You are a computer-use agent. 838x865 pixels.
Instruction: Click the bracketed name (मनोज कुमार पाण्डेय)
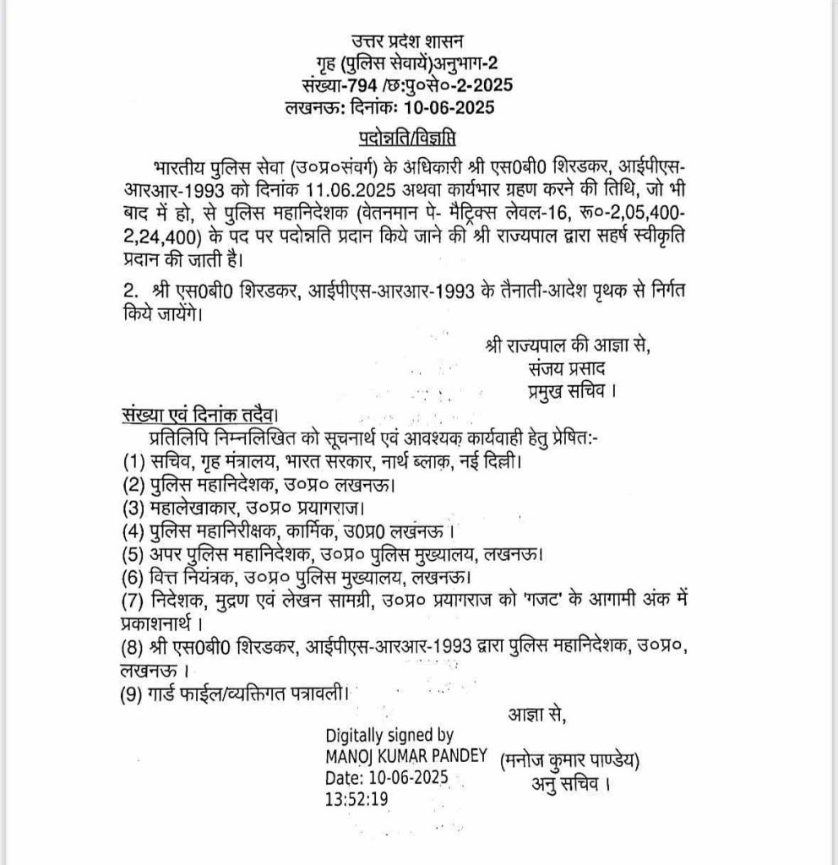(569, 759)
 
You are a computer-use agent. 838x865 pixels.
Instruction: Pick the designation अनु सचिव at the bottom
(569, 783)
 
